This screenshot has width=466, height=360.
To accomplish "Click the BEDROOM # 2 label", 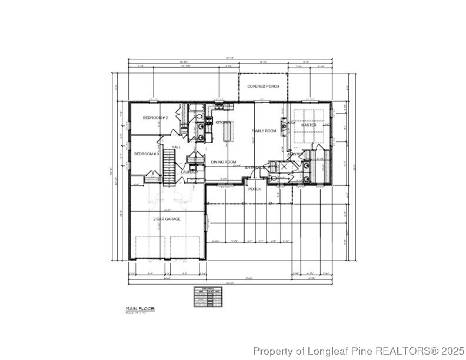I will coord(155,118).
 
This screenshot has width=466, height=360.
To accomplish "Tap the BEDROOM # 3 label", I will coord(147,154).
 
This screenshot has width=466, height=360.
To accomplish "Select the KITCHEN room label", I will coord(223,122).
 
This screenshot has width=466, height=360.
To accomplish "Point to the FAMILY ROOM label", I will coord(264,131).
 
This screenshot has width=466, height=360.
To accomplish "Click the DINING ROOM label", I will coord(224,162).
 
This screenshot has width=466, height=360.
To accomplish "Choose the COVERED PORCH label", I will coord(263,86).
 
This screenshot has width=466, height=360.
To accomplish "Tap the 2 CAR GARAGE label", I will coord(167,219).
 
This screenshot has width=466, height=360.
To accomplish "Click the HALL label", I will coord(176,147).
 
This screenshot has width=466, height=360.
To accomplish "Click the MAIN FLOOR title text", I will coord(138,308).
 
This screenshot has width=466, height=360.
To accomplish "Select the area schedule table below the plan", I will coord(208,296).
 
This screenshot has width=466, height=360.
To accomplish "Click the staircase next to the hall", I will coord(169,166).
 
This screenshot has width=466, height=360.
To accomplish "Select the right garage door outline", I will coord(185,247).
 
